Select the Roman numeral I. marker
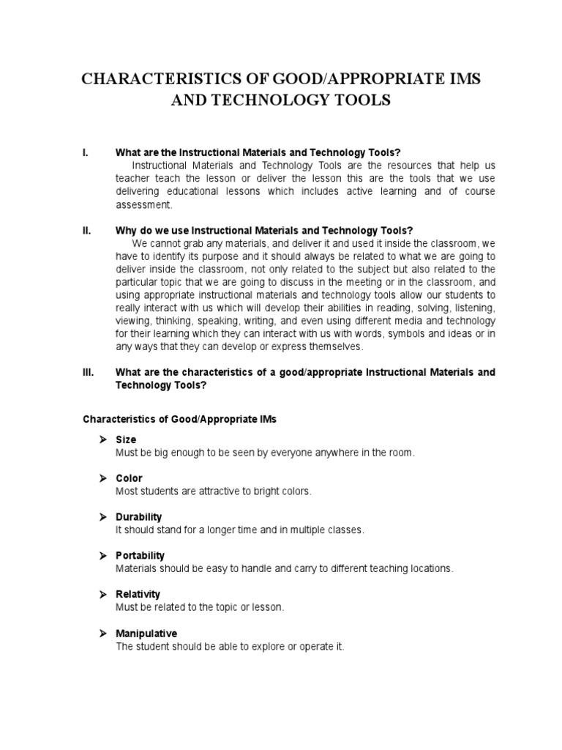tap(86, 153)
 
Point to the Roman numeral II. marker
tap(86, 230)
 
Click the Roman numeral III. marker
tap(88, 372)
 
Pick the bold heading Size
tap(126, 439)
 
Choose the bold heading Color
tap(129, 478)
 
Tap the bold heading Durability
tap(138, 516)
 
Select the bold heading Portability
tap(140, 555)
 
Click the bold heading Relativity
tap(138, 594)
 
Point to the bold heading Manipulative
tap(146, 633)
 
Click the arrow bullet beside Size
tap(103, 439)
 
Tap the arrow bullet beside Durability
tap(103, 516)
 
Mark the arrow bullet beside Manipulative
tap(103, 633)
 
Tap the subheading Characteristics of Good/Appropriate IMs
tap(179, 419)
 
